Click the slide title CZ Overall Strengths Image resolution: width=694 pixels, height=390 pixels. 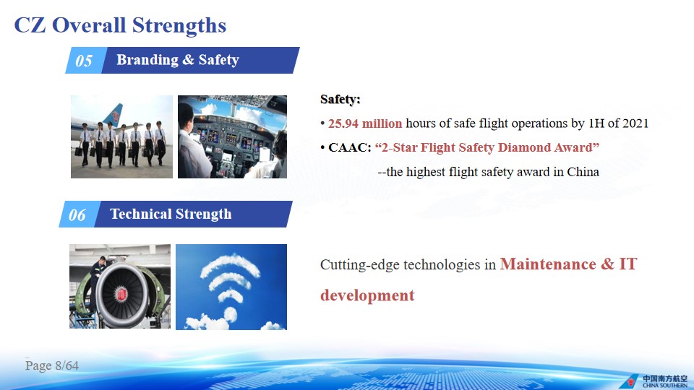coord(120,25)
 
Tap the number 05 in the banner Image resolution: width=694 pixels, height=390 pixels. coord(84,61)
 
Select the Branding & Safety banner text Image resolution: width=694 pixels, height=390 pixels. coord(178,60)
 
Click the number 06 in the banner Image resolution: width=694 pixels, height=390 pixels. coord(77,215)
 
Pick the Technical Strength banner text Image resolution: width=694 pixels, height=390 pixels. coord(171,214)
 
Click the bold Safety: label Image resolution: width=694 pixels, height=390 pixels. coord(340,99)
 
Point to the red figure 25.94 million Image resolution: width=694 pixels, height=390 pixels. coord(364,123)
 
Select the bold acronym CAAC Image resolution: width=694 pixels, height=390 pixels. coord(348,147)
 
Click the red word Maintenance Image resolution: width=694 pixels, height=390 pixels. coord(548,264)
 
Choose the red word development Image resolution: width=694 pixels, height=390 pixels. coord(367,295)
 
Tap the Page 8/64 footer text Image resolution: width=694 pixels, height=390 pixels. coord(52,365)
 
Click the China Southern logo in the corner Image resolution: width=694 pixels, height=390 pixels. coord(654,381)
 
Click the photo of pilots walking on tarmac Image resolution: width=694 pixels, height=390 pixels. coord(121,136)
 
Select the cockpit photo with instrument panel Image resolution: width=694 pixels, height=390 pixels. coord(232,136)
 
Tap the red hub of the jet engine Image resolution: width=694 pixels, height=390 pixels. coord(121,294)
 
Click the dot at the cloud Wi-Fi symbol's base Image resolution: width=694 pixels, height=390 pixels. coord(230,314)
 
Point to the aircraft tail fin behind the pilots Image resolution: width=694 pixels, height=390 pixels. coord(113,115)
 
